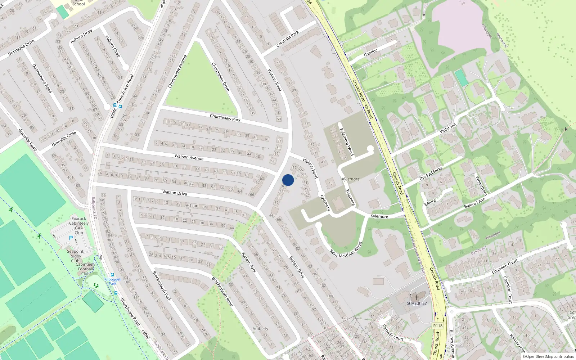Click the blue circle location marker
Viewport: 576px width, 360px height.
(x=288, y=180)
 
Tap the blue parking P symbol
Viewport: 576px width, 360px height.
(x=71, y=238)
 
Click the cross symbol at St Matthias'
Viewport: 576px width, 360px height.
(x=417, y=297)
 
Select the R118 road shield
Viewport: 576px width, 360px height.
(x=438, y=325)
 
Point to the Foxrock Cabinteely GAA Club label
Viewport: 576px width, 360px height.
(x=79, y=225)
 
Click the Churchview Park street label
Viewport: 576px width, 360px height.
(x=225, y=118)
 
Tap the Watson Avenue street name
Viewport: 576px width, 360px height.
(x=189, y=157)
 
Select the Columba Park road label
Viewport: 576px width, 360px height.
(x=288, y=39)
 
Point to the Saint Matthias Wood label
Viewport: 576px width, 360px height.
(x=346, y=249)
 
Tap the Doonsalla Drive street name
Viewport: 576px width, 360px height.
(x=21, y=48)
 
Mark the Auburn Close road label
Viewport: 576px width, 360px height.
(x=112, y=46)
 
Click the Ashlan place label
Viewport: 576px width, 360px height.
(x=192, y=206)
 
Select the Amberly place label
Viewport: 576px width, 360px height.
(x=260, y=329)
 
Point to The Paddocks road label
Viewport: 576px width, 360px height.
(x=431, y=174)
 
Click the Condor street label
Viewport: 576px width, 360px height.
(x=370, y=53)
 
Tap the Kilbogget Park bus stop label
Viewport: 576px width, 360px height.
(x=112, y=281)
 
